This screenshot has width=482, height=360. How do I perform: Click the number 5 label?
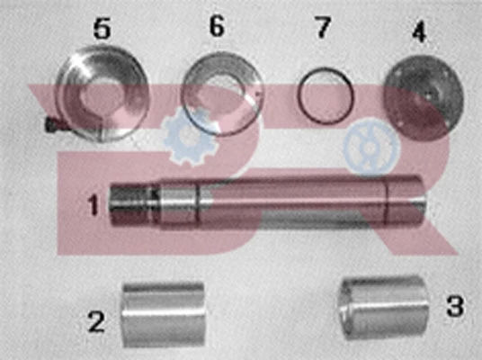coord(102,27)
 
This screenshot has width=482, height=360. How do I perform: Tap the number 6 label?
coord(217,25)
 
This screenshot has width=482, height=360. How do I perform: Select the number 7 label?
coord(323,27)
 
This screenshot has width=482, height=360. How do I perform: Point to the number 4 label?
coord(419,31)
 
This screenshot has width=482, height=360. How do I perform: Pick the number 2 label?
coord(97,320)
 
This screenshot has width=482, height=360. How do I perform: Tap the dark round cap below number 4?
coord(424,96)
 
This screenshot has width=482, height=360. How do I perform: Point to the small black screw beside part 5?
coord(50,124)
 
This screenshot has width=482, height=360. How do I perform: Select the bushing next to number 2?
coord(164,314)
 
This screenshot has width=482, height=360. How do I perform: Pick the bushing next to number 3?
coord(383,308)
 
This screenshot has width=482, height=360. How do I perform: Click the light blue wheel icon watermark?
coord(371,148)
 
